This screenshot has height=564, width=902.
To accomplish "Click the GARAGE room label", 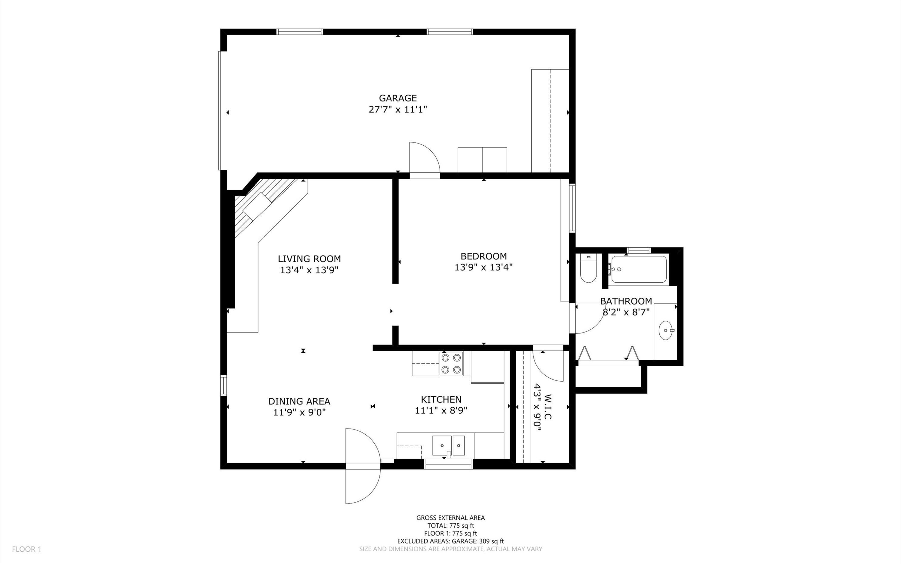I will pos(397,98).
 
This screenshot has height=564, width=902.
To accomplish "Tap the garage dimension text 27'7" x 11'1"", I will pos(397,110).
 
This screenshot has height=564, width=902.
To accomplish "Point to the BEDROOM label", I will pos(483,256).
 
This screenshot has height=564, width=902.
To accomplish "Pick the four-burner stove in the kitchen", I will pos(451,363).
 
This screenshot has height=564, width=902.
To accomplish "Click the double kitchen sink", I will pos(448,445).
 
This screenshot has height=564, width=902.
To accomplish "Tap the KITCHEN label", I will pos(441,399).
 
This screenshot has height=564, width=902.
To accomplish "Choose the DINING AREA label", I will pos(299,401).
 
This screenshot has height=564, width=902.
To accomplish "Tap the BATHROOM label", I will pos(626,301).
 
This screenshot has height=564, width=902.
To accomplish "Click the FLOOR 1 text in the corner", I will pos(26,549).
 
